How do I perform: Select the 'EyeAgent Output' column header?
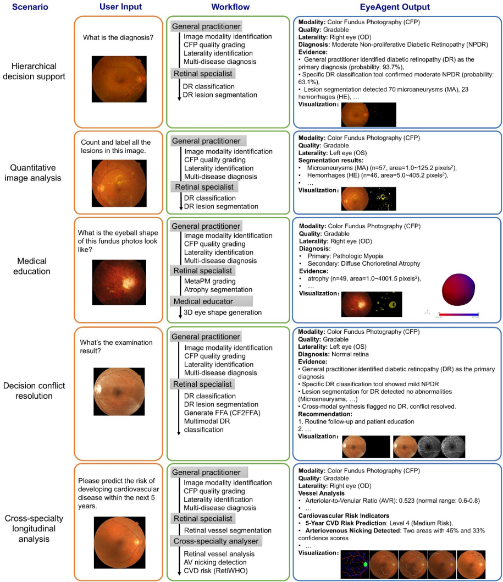point(397,7)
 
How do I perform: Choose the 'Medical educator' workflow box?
point(212,301)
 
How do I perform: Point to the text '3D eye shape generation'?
point(223,312)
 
